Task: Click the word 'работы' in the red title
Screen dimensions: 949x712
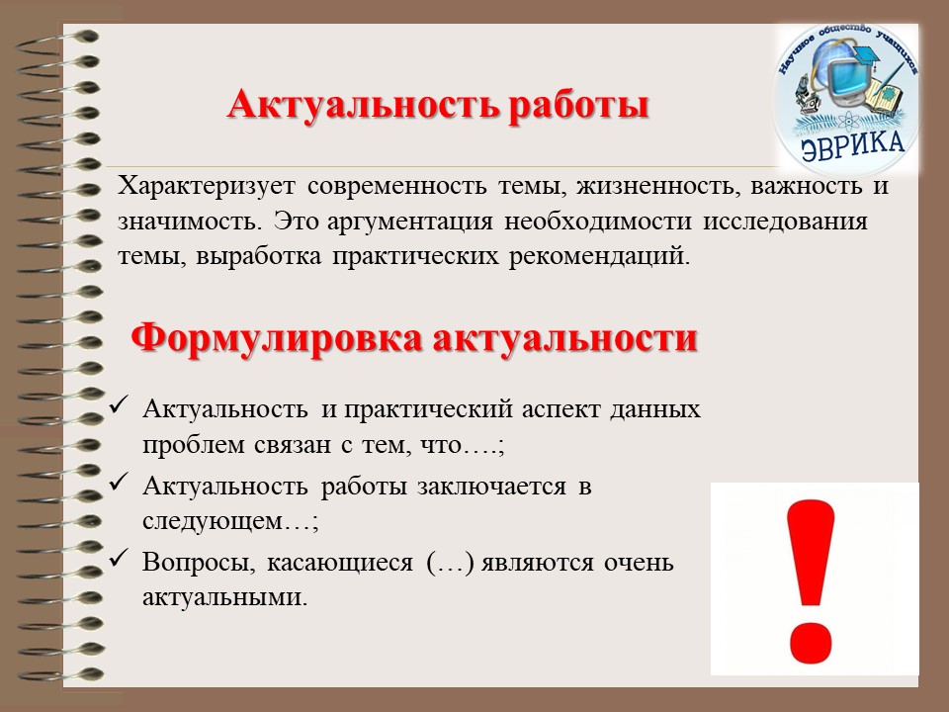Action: coord(578,106)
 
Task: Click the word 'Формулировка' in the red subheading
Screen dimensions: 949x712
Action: coord(276,339)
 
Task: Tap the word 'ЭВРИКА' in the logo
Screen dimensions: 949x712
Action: coord(853,145)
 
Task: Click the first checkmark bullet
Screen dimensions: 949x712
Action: coord(117,405)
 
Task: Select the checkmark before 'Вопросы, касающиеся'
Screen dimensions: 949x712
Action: coord(117,558)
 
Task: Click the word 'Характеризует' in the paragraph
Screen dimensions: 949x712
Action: coord(207,186)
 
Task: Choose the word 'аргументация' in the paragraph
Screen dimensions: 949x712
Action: coord(409,221)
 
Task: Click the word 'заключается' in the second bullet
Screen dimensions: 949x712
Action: coord(491,487)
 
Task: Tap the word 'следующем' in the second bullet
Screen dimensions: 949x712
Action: coord(213,522)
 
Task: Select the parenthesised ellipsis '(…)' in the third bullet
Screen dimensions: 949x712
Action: coord(450,563)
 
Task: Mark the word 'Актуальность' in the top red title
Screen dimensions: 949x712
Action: coord(364,106)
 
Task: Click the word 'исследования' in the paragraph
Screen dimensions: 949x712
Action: coord(785,221)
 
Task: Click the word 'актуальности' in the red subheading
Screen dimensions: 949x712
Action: coord(565,339)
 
